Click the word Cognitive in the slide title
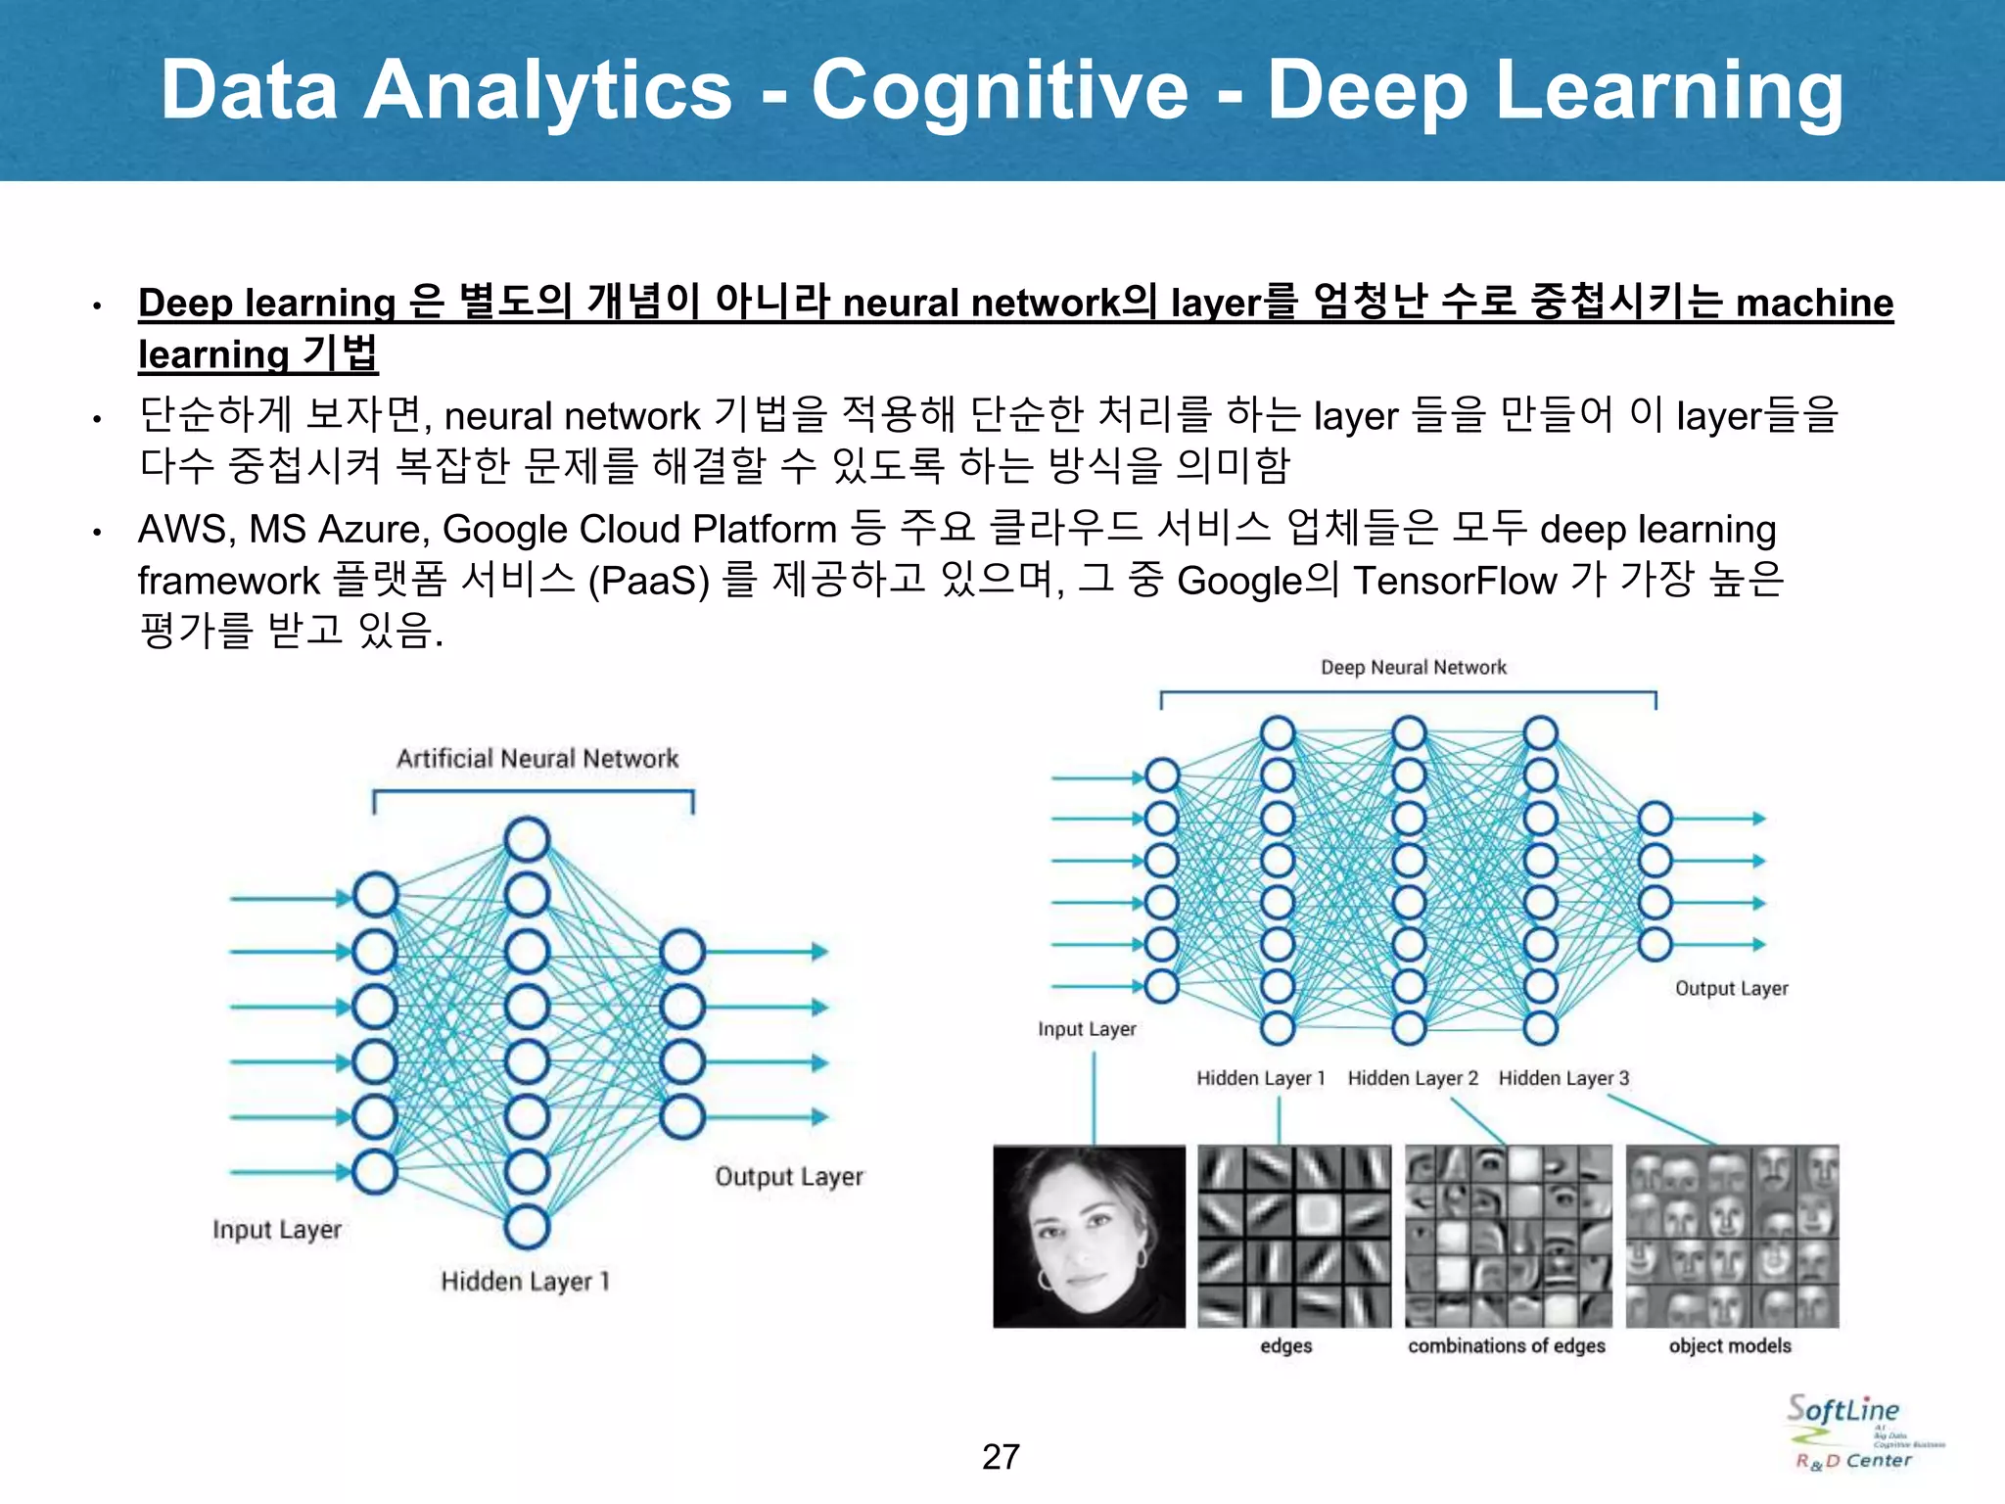click(999, 90)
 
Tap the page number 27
click(1001, 1456)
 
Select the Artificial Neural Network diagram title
click(536, 758)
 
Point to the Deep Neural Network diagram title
click(1413, 668)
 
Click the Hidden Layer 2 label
click(1412, 1078)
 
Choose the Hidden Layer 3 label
click(1563, 1078)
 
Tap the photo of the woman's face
click(1089, 1236)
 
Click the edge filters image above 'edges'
click(1294, 1236)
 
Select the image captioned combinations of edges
click(1508, 1236)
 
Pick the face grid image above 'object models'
click(1732, 1236)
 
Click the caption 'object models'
click(1730, 1345)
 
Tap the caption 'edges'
click(1285, 1345)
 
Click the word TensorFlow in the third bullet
click(1455, 581)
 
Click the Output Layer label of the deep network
click(1731, 988)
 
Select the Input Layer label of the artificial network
click(277, 1229)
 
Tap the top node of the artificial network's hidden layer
click(527, 840)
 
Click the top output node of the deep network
click(1655, 819)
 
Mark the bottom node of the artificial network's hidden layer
click(527, 1227)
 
